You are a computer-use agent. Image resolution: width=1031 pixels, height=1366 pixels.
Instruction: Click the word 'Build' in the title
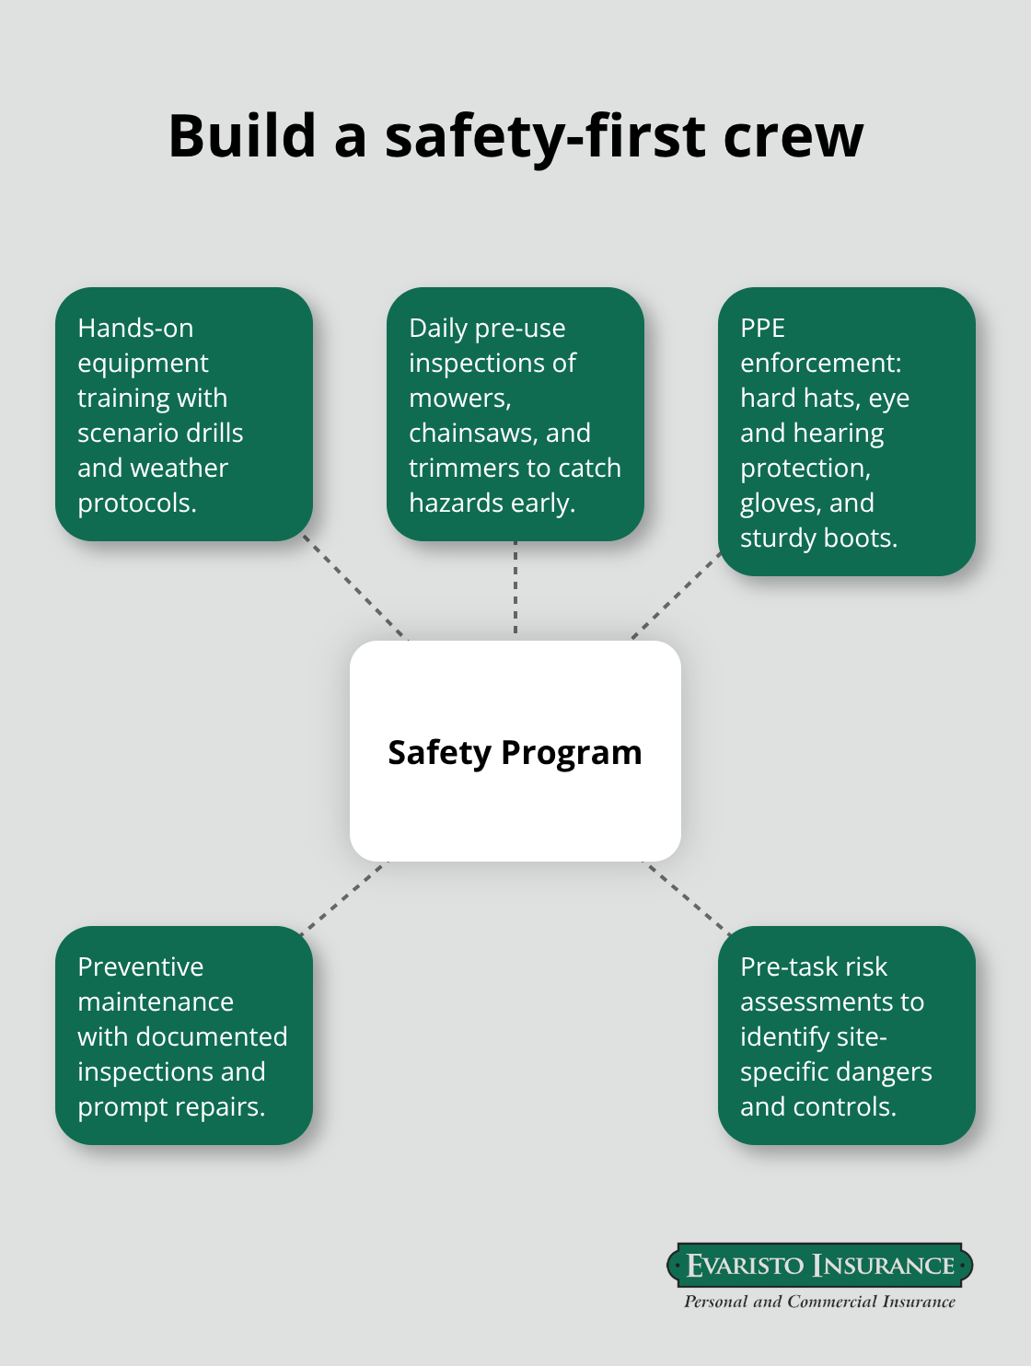(x=242, y=136)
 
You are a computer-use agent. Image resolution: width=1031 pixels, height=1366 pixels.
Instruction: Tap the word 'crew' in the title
(x=793, y=136)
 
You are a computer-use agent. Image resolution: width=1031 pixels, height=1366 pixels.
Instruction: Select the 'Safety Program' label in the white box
(x=515, y=752)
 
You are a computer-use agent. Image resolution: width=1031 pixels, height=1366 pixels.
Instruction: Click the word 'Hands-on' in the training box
(x=135, y=328)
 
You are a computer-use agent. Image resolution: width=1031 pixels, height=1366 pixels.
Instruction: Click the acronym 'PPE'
(x=762, y=328)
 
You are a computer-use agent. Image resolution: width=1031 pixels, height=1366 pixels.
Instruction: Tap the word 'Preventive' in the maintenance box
(x=140, y=967)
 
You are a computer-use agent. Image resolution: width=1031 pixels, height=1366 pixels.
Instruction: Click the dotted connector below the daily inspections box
(x=515, y=589)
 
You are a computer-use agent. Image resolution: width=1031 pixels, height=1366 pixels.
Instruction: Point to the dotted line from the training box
(x=356, y=589)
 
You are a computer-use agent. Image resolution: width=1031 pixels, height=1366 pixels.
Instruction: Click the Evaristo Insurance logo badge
(x=819, y=1266)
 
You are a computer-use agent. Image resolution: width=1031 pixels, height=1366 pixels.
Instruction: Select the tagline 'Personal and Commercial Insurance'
(x=819, y=1302)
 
